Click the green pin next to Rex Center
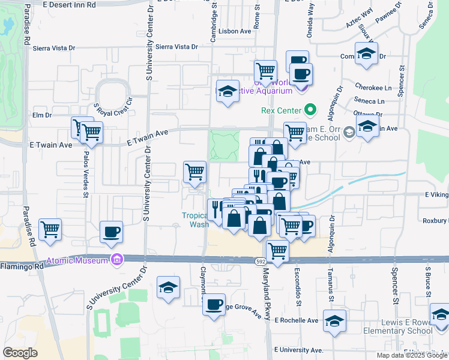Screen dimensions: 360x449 pos(310,110)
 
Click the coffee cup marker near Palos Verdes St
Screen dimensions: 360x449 pos(112,231)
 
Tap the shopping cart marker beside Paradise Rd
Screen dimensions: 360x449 pos(50,229)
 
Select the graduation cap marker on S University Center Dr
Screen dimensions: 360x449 pos(169,287)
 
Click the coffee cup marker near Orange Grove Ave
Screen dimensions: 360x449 pos(214,305)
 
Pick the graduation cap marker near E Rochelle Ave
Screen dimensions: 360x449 pos(335,319)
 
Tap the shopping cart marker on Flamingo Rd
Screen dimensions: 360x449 pos(277,250)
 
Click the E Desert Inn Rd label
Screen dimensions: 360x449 pos(70,4)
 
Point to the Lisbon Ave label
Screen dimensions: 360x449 pos(235,31)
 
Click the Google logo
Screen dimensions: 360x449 pos(20,353)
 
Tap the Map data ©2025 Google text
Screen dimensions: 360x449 pos(411,355)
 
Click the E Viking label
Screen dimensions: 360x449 pos(436,195)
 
